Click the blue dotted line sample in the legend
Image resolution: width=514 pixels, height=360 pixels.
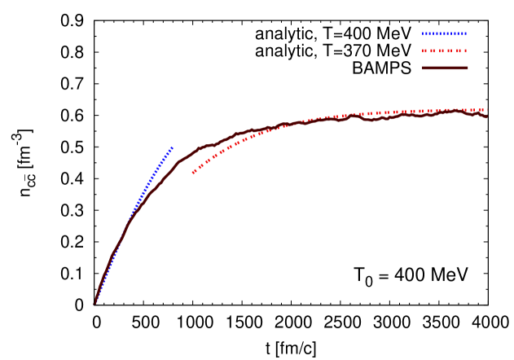(444, 34)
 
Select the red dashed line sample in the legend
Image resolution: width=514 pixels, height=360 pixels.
(444, 51)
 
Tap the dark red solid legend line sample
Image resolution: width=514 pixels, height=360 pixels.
(445, 68)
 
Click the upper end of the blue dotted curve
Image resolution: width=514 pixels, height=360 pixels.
(172, 147)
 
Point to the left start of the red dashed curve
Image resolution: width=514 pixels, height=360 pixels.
(193, 173)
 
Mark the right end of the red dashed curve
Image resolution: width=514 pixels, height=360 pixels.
(486, 110)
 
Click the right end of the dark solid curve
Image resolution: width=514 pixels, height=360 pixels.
(486, 116)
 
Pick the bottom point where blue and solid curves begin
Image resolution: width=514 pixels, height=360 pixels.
(94, 304)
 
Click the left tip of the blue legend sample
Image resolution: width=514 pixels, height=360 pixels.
(423, 34)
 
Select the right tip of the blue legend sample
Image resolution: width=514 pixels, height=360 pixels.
(466, 34)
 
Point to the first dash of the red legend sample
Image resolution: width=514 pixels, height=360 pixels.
(424, 51)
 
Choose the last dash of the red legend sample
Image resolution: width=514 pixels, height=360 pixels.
(464, 51)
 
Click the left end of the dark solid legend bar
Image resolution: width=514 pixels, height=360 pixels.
(423, 68)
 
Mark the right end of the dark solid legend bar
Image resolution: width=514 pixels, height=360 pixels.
(468, 68)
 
